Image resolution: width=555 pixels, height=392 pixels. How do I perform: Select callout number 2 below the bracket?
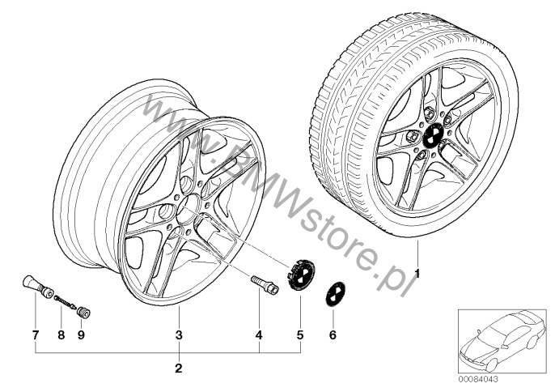pos(179,369)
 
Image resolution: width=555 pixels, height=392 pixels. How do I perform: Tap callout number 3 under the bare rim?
pos(179,335)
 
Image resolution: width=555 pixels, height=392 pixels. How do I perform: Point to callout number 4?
pos(259,335)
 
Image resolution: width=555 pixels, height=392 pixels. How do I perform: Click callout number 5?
pos(300,335)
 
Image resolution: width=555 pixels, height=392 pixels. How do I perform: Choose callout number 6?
pos(333,335)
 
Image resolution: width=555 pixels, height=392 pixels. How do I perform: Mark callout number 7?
pos(35,335)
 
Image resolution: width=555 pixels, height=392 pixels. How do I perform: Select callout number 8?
pos(61,335)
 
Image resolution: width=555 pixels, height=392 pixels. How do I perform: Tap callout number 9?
pos(82,335)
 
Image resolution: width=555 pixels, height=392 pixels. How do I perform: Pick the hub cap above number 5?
pos(302,275)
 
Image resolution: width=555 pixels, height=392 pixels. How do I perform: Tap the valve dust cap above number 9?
pos(84,313)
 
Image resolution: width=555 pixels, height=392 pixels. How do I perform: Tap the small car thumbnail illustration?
pos(502,341)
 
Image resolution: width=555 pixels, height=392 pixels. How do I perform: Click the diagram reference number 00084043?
pos(478,379)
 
